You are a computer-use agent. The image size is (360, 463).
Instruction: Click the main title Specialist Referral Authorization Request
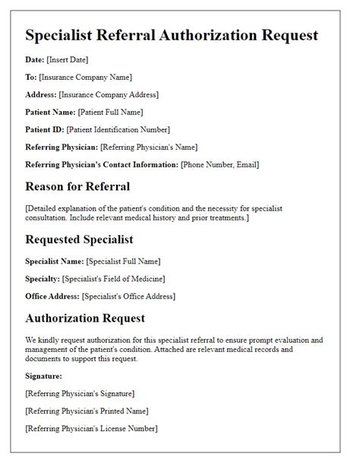point(172,35)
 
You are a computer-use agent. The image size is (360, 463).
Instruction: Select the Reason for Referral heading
point(77,187)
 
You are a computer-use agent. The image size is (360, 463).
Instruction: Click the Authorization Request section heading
point(85,318)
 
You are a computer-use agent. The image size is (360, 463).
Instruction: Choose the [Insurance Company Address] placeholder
point(111,94)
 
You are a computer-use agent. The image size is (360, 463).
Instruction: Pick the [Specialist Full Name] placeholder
point(122,261)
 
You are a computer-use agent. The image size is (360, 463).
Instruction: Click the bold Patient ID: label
point(45,129)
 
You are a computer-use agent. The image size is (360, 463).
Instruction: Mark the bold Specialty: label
point(43,278)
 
